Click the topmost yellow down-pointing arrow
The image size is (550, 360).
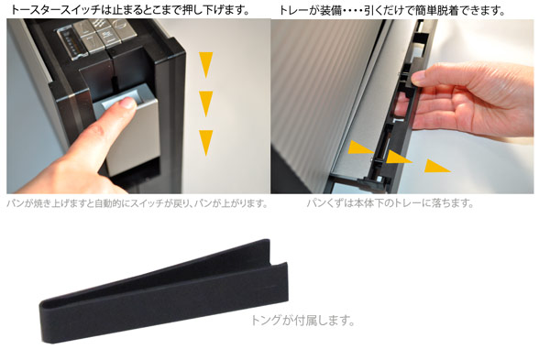[x=206, y=64]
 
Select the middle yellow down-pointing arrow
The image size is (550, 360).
[x=206, y=104]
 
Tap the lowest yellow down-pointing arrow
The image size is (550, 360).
[x=206, y=142]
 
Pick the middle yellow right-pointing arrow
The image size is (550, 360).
[x=397, y=157]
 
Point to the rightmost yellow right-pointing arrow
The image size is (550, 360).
[x=435, y=166]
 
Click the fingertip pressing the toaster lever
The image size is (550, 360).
[x=127, y=103]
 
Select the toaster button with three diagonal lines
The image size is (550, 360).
[x=99, y=25]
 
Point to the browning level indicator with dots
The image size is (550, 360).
[x=71, y=43]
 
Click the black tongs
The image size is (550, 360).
[x=164, y=291]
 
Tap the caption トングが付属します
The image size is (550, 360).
[x=302, y=320]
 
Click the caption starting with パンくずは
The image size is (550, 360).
[x=390, y=203]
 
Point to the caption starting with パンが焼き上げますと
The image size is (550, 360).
[x=137, y=203]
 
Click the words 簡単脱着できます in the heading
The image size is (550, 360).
[x=458, y=10]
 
